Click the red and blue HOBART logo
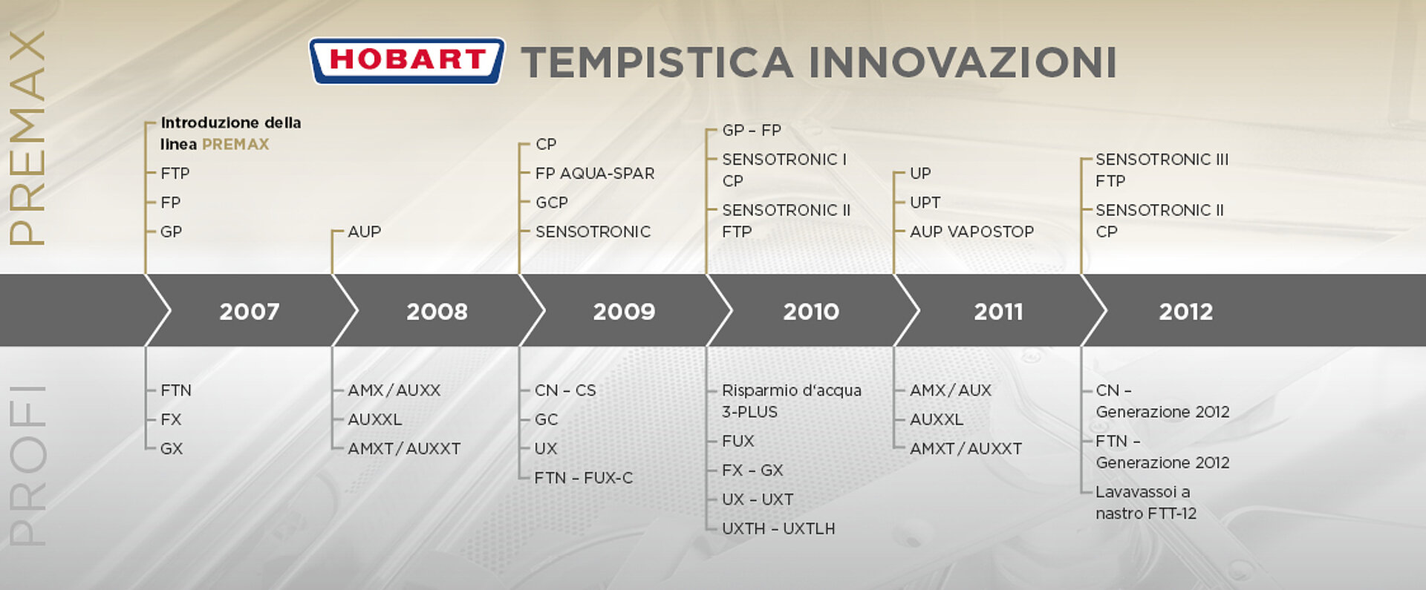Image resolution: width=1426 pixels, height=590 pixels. click(x=407, y=61)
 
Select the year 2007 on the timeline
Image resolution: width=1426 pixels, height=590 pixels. click(x=250, y=311)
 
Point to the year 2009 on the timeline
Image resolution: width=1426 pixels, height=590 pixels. click(x=624, y=311)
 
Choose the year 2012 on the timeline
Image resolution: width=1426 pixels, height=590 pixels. click(x=1186, y=311)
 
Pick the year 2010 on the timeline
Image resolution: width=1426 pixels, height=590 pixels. click(x=811, y=311)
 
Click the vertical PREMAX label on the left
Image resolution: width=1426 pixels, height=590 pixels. click(x=27, y=138)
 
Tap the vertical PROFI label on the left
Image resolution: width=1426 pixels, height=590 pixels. click(x=27, y=466)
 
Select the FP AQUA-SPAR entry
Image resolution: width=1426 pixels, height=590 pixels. click(x=595, y=174)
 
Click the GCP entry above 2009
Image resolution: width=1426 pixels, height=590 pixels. click(x=552, y=203)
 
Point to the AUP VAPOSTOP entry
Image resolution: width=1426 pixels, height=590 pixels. click(x=971, y=232)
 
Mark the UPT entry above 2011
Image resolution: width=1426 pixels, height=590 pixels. click(x=925, y=203)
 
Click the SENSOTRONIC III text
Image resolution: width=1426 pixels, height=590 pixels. click(x=1162, y=160)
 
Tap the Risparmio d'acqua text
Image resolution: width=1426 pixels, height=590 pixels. click(x=792, y=390)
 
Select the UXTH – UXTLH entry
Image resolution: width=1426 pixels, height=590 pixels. click(x=778, y=529)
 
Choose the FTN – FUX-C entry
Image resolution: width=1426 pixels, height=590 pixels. click(x=584, y=478)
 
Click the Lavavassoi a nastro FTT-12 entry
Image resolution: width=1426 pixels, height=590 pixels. click(x=1146, y=502)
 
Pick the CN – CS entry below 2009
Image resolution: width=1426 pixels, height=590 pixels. click(x=565, y=390)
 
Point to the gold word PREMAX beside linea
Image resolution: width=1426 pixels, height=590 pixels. click(x=235, y=145)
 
